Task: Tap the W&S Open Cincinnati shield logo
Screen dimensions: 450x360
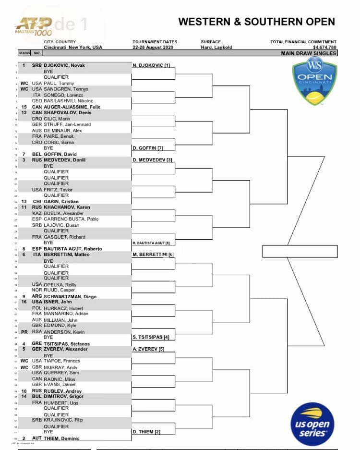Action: (314, 82)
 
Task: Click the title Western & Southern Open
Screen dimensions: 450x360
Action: (256, 22)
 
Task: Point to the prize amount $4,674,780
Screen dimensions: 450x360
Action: (324, 48)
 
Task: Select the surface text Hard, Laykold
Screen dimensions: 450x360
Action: (216, 48)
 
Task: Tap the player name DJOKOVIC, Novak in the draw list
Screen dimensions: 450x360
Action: (64, 65)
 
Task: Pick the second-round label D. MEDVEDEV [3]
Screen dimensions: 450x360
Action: (152, 160)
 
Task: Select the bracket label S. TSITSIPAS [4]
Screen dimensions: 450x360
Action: (151, 338)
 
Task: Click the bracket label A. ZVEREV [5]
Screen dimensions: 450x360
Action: (148, 349)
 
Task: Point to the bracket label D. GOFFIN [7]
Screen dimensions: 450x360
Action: (148, 148)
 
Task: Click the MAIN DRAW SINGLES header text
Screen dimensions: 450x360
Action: (309, 53)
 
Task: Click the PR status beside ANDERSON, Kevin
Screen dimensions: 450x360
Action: (24, 332)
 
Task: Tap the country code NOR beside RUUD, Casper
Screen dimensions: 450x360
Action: (37, 290)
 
